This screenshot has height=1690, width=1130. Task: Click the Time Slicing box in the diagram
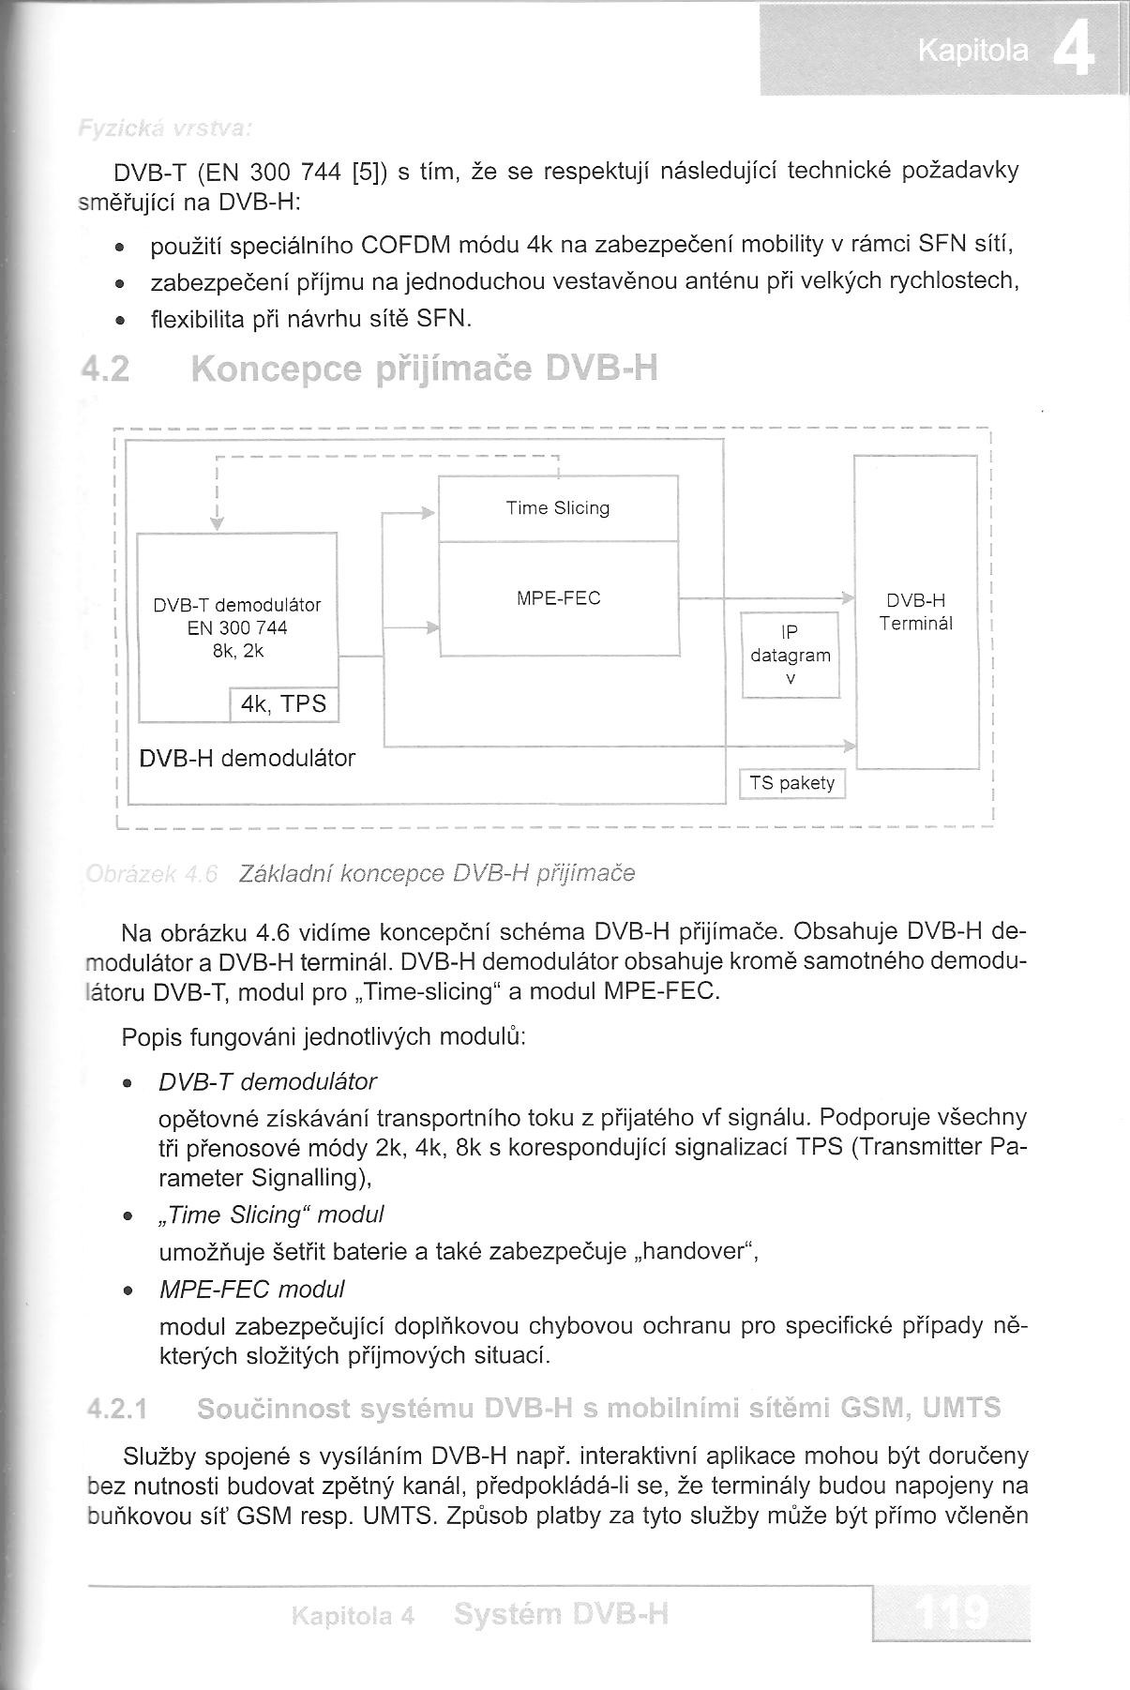pos(558,508)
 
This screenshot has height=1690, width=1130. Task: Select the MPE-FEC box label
pos(559,598)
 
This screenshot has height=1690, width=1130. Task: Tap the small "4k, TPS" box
pos(283,704)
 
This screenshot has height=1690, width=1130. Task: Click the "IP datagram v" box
pos(791,656)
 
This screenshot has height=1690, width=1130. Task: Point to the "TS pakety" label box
pos(792,783)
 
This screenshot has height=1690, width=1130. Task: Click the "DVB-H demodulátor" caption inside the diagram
pos(247,758)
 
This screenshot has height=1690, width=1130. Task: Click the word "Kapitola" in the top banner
pos(972,52)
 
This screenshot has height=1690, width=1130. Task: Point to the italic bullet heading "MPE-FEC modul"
pos(252,1289)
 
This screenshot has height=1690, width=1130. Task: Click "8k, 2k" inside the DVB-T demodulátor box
pos(237,650)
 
